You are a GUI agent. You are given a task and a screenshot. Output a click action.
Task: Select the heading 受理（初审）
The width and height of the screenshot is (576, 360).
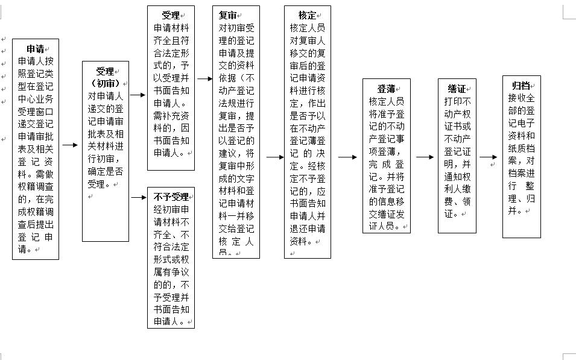click(x=105, y=77)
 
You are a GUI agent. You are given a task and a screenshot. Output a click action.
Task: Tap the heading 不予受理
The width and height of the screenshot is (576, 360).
click(x=171, y=197)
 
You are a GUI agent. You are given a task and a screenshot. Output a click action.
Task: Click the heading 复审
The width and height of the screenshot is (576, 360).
click(x=227, y=16)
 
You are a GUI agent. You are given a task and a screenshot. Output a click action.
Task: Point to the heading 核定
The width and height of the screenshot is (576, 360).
click(x=307, y=16)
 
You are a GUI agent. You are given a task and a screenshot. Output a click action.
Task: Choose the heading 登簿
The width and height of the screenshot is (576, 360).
click(x=386, y=89)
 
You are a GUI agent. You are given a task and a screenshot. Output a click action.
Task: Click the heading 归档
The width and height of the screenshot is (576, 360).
click(x=521, y=85)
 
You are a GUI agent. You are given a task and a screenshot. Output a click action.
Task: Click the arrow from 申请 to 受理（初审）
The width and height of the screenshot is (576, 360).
click(x=71, y=145)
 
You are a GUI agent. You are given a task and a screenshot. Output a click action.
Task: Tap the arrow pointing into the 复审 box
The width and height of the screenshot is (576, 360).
click(x=204, y=78)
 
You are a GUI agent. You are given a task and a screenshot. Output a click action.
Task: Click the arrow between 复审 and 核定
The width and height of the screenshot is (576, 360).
click(x=274, y=157)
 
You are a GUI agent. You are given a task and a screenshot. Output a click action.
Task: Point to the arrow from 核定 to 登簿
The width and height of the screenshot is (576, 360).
click(x=347, y=157)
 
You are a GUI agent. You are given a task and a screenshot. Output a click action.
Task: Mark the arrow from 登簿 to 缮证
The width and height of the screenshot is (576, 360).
click(x=425, y=157)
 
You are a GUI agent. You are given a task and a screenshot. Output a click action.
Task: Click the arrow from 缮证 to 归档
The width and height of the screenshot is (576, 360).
click(x=489, y=157)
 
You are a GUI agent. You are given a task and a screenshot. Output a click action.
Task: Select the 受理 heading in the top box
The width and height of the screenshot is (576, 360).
click(x=171, y=16)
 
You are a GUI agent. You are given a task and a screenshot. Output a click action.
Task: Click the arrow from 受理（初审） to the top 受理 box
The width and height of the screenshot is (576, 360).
click(x=138, y=95)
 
